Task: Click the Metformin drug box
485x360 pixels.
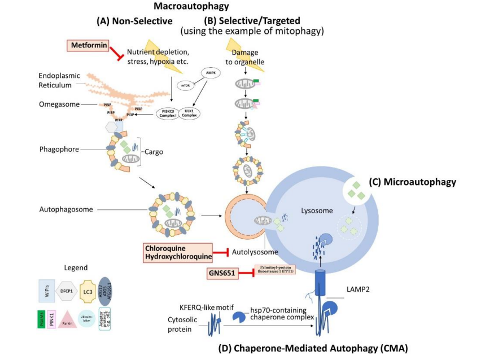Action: coord(89,45)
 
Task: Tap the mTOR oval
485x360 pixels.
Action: coord(186,85)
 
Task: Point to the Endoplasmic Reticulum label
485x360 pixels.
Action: coord(55,81)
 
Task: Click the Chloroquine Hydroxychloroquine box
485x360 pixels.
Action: coord(178,252)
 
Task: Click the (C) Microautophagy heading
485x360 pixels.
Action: coord(412,182)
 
